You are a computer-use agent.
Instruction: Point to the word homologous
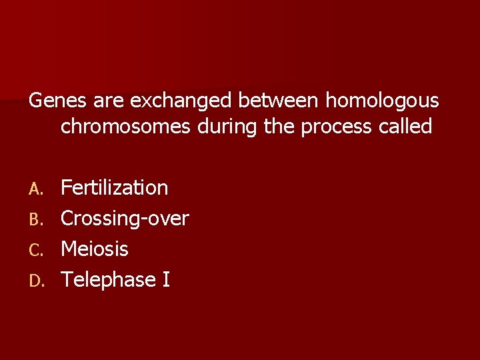381,101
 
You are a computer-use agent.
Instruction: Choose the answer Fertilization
114,187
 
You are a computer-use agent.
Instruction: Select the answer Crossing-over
125,218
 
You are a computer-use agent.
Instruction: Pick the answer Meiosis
95,249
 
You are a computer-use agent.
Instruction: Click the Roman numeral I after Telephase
166,280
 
